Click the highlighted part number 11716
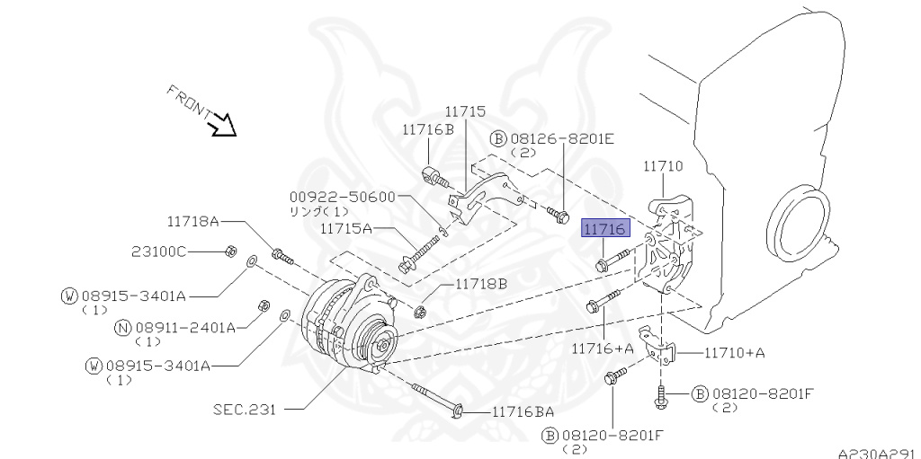pyautogui.click(x=604, y=231)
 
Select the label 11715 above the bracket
pyautogui.click(x=465, y=112)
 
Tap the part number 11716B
pyautogui.click(x=428, y=129)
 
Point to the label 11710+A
pyautogui.click(x=734, y=352)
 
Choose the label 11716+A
pyautogui.click(x=603, y=347)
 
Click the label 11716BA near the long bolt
pyautogui.click(x=523, y=411)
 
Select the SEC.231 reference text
pyautogui.click(x=244, y=410)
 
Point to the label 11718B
pyautogui.click(x=480, y=283)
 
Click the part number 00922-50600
pyautogui.click(x=343, y=197)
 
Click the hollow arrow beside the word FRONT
pyautogui.click(x=221, y=127)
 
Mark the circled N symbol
pyautogui.click(x=124, y=328)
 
